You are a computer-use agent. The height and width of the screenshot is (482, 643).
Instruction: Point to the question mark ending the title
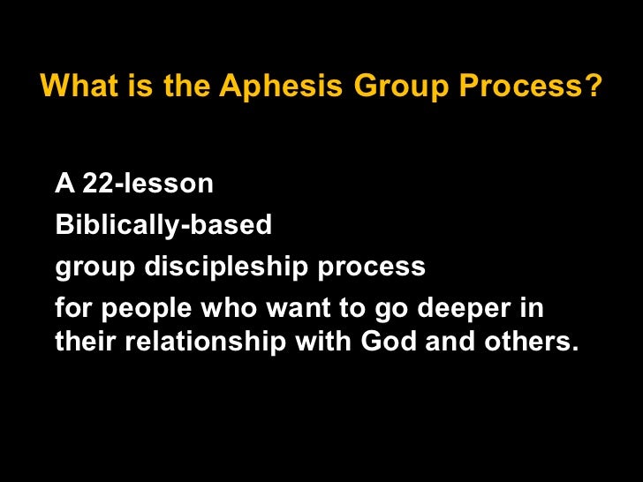[x=595, y=87]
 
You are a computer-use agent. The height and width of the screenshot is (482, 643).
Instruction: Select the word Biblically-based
[x=163, y=225]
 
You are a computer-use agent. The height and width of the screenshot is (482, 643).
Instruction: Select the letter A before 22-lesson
[x=64, y=184]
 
